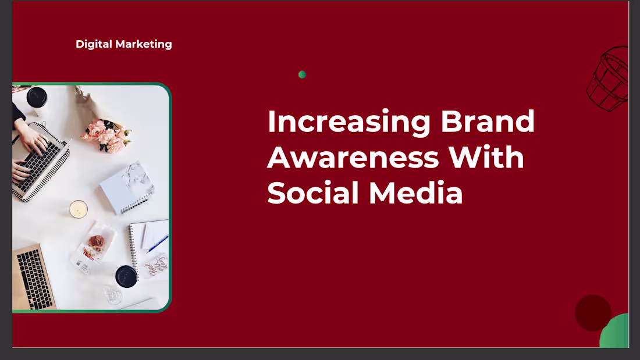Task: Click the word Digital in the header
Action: (x=94, y=44)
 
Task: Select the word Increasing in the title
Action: (x=349, y=122)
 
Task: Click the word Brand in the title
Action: (x=488, y=122)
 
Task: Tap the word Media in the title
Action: (x=415, y=193)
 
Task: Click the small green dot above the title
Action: (x=302, y=74)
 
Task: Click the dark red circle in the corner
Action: (x=592, y=312)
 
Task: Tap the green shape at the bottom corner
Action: (x=616, y=333)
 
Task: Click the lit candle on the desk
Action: (x=79, y=209)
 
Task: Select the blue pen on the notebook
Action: (x=157, y=244)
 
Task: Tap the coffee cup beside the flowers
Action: (x=37, y=97)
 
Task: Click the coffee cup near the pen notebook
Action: (x=126, y=276)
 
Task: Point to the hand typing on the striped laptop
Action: (x=32, y=141)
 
